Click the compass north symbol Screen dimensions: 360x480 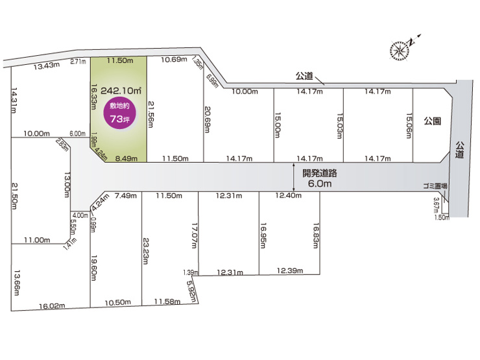click(400, 48)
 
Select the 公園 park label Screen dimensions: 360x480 click(433, 121)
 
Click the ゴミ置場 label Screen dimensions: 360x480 click(434, 186)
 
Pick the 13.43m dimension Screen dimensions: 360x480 click(47, 66)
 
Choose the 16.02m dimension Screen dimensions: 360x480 click(53, 305)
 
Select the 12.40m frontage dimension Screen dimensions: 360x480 click(289, 196)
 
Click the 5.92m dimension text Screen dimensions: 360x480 click(191, 289)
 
